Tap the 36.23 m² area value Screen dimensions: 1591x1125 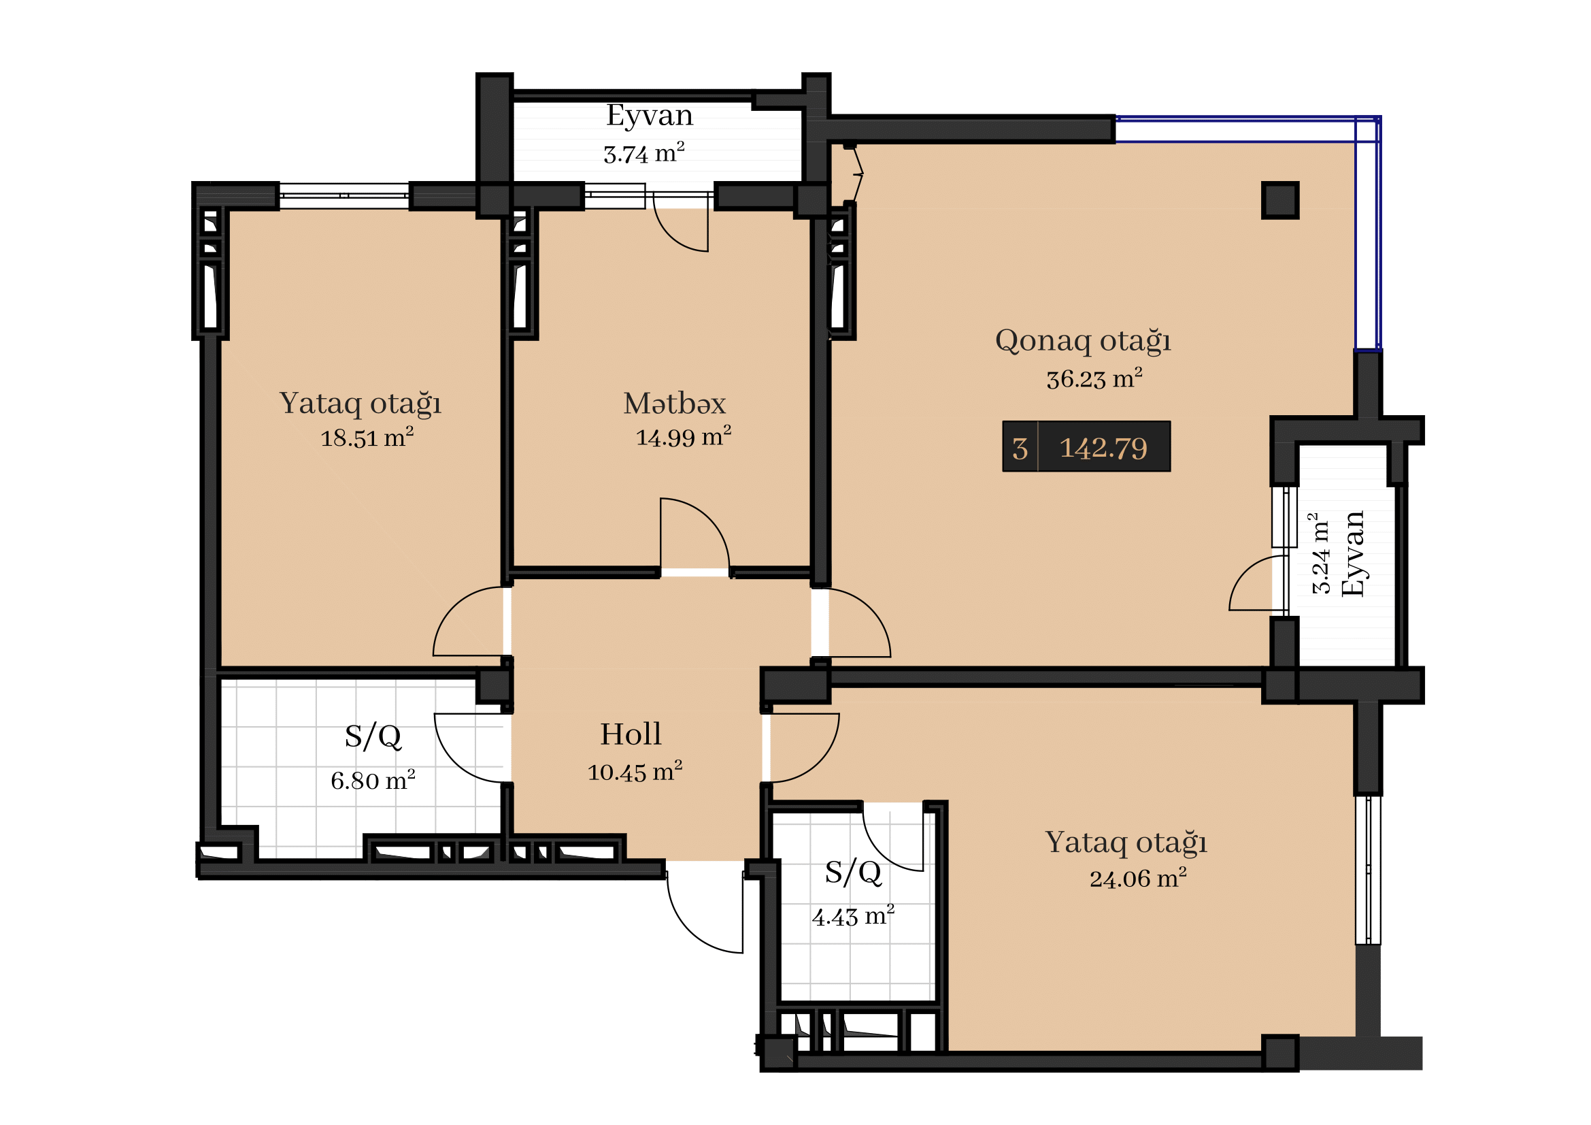coord(1094,378)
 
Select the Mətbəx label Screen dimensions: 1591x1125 coord(674,404)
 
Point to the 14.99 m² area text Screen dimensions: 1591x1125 coord(683,437)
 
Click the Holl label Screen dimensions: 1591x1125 coord(631,734)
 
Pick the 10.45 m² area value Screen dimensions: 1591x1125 coord(635,772)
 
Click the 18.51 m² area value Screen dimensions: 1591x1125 coord(367,438)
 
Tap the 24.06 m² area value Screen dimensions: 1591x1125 coord(1138,878)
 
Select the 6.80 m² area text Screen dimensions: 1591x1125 coord(373,781)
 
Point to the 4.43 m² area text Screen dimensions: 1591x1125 coord(853,916)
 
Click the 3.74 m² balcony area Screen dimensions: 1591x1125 coord(643,153)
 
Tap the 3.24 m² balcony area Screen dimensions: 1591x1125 coord(1320,553)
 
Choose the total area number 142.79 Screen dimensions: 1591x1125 coord(1103,449)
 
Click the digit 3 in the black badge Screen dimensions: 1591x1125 coord(1020,449)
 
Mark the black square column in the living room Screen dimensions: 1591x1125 coord(1280,200)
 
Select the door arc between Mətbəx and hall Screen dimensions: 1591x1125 coord(707,520)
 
